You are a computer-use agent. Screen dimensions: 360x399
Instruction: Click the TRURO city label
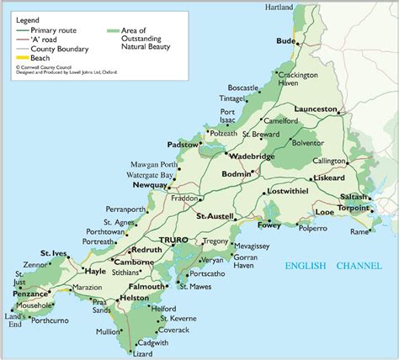click(x=174, y=240)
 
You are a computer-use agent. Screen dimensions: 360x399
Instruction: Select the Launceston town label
click(x=316, y=110)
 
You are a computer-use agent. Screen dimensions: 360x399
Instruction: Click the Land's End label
click(x=13, y=320)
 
